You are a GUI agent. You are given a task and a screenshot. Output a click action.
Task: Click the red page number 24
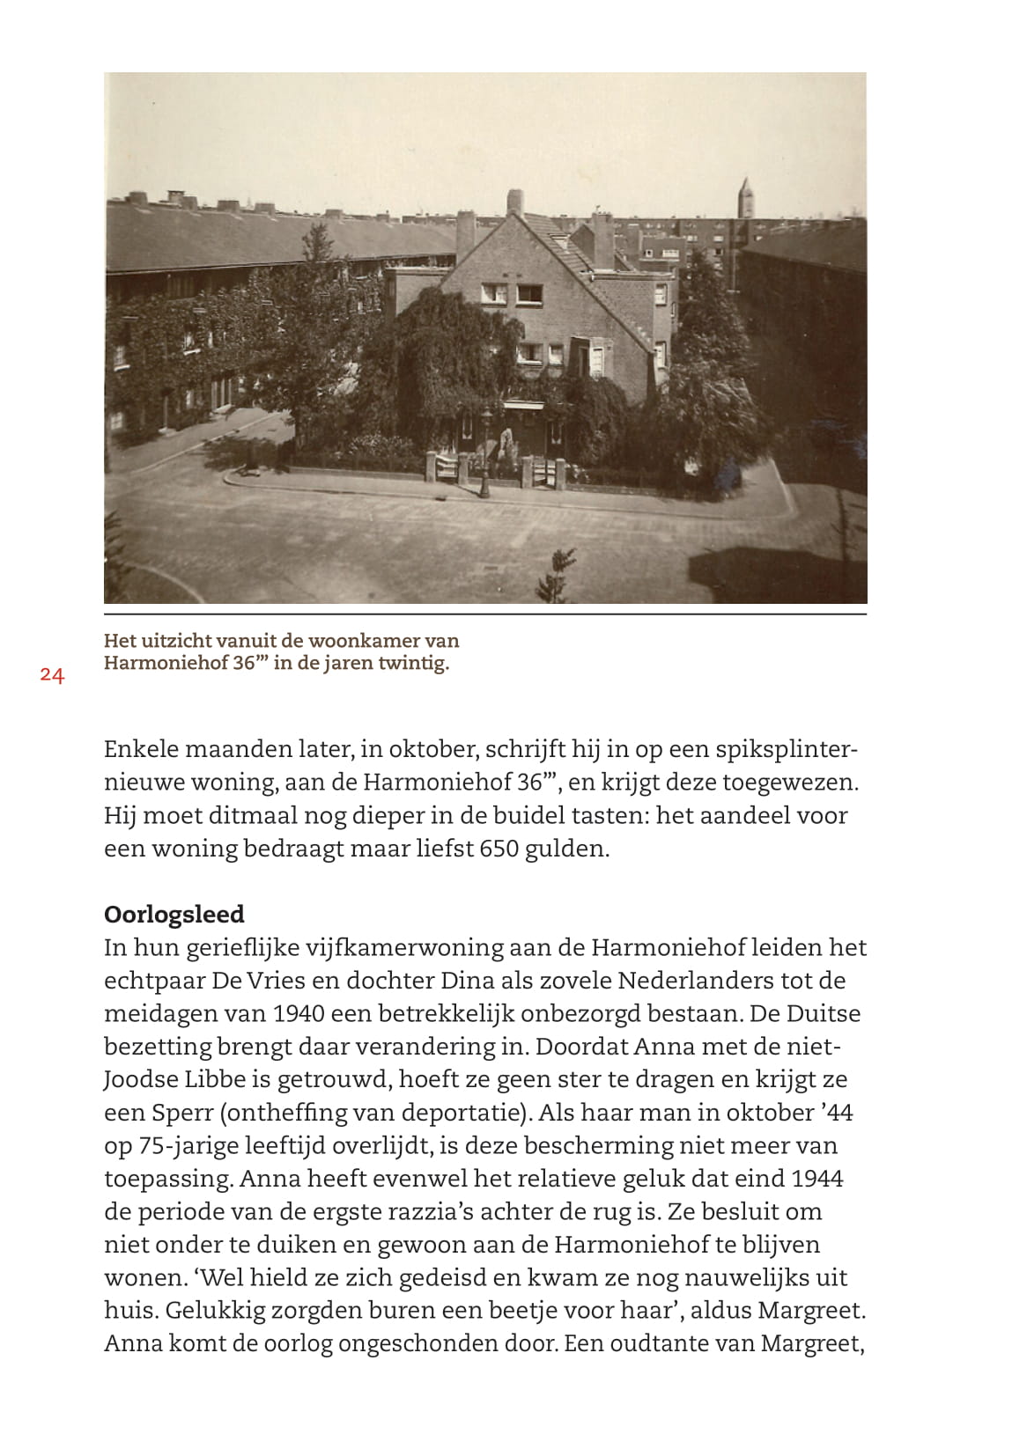pyautogui.click(x=52, y=676)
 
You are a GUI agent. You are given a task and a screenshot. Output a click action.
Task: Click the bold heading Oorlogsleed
pyautogui.click(x=174, y=915)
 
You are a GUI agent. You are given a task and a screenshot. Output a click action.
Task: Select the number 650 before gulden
pyautogui.click(x=499, y=849)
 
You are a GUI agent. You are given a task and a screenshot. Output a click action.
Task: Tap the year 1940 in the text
pyautogui.click(x=298, y=1013)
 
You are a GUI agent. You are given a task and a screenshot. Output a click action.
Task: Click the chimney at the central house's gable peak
pyautogui.click(x=514, y=202)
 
